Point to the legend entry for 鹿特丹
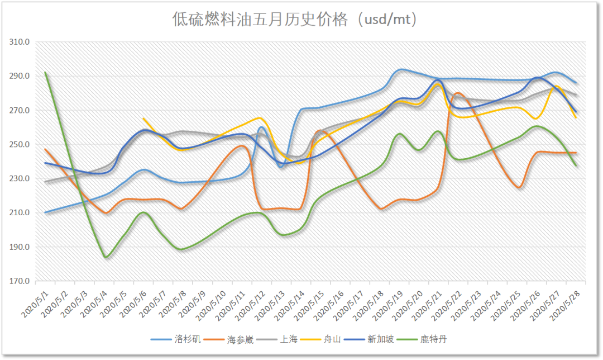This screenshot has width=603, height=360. (x=433, y=339)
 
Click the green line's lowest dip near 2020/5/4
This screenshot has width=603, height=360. (x=106, y=257)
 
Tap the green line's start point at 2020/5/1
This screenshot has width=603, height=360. (x=45, y=73)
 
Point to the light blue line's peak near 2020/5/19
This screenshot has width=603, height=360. (x=401, y=69)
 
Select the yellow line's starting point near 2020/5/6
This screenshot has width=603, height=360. (x=143, y=119)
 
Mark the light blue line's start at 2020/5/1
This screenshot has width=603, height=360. (x=45, y=212)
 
